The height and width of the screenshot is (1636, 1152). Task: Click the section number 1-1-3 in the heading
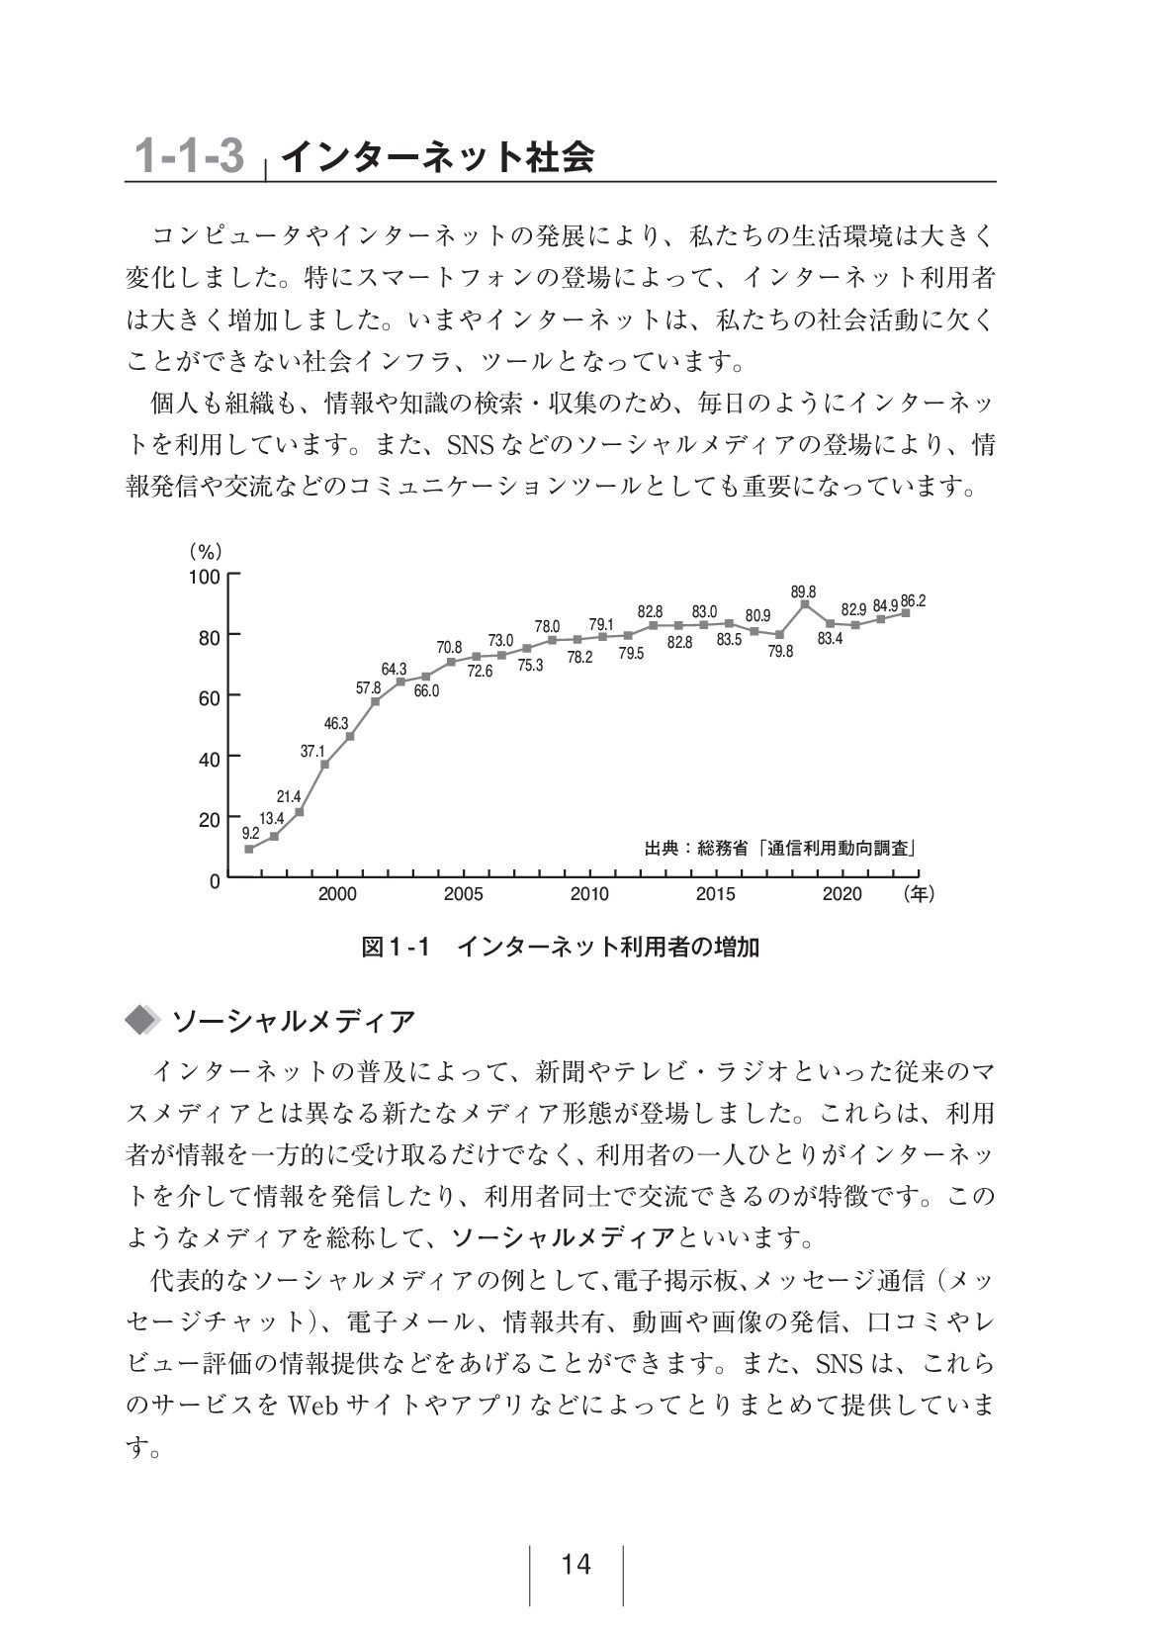pos(189,156)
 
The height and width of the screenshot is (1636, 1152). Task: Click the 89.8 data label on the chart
pos(803,591)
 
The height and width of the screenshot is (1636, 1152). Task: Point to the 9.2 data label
pos(250,833)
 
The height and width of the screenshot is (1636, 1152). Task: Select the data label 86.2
pos(913,600)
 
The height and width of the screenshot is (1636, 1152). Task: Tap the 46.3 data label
pos(336,723)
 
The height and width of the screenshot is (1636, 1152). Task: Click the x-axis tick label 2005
pos(463,894)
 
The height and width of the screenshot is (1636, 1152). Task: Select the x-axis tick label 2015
pos(715,894)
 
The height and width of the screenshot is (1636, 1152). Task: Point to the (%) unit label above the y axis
pos(206,551)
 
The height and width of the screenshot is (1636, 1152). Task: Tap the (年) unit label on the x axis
pos(918,894)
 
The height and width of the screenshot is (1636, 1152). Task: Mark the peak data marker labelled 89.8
pos(805,603)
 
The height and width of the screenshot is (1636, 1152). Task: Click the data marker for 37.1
pos(324,765)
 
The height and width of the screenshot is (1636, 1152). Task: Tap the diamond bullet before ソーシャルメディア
pos(143,1021)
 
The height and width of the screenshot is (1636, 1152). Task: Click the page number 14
pos(576,1565)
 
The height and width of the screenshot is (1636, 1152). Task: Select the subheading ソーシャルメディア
pos(293,1021)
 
